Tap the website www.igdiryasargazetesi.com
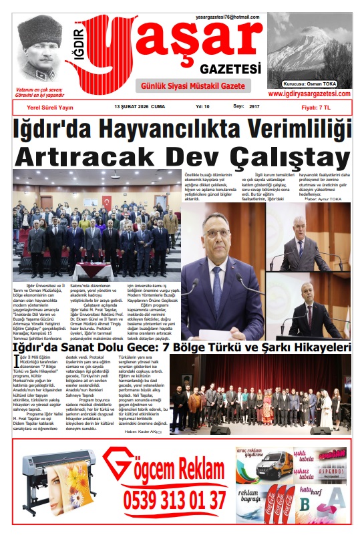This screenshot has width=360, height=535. point(309,94)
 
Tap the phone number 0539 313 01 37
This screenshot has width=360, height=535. point(176,500)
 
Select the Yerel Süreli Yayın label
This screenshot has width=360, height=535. point(49,107)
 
